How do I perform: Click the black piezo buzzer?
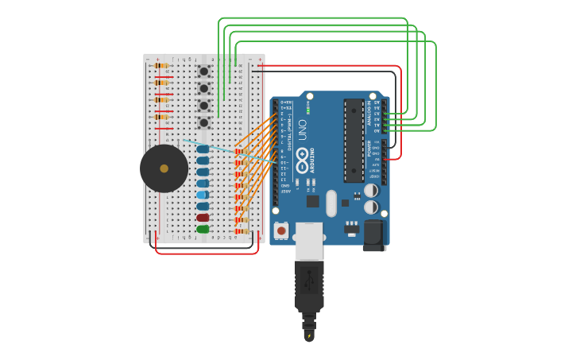(164, 168)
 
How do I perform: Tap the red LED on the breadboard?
(203, 217)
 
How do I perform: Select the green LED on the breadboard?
(203, 229)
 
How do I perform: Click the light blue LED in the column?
(203, 195)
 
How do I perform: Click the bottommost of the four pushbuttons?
(204, 122)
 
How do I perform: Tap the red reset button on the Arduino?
(281, 230)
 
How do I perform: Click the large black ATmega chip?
(354, 140)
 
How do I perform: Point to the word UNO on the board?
(303, 130)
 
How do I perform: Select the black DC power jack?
(374, 235)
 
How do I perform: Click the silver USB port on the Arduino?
(309, 241)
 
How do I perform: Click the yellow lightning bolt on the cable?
(309, 337)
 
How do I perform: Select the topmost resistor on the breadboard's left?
(161, 66)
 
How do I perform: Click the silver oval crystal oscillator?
(331, 203)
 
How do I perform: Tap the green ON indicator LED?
(308, 110)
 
